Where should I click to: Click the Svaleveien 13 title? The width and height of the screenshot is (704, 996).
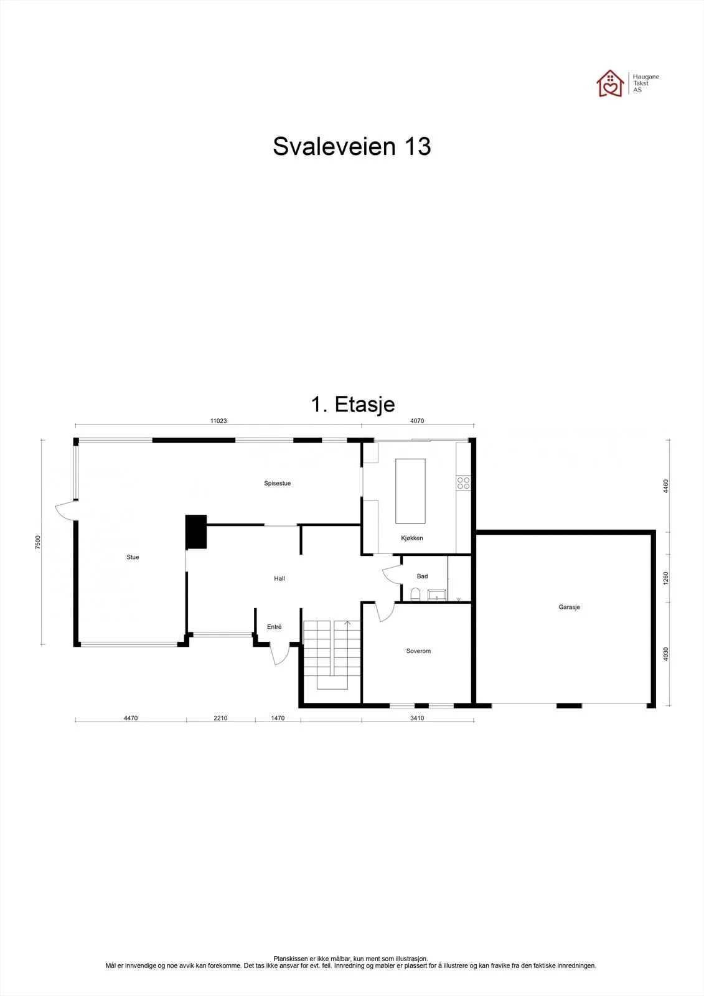tap(352, 146)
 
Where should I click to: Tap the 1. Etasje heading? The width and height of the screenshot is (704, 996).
tap(353, 405)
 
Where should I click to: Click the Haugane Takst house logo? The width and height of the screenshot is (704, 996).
tap(610, 83)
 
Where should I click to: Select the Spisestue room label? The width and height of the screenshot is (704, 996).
tap(277, 483)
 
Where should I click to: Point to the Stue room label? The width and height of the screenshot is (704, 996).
tap(133, 557)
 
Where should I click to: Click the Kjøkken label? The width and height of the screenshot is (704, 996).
tap(412, 538)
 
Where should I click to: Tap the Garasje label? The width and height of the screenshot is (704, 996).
tap(570, 607)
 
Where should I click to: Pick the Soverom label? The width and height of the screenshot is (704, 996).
tap(418, 651)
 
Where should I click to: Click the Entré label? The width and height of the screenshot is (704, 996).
tap(275, 626)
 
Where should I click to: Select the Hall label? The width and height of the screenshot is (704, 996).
tap(279, 578)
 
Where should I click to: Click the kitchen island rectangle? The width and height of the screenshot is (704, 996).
tap(410, 491)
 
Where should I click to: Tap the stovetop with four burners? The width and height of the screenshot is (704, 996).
tap(463, 483)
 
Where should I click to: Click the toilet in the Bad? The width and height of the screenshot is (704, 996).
tap(415, 594)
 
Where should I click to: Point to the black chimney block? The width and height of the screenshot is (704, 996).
tap(196, 532)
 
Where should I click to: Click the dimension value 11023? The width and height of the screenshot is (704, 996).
tap(218, 421)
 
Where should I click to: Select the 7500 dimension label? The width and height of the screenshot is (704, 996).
tap(38, 542)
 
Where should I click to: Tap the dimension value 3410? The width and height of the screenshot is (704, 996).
tap(417, 718)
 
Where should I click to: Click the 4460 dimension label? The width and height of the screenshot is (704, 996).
tap(666, 486)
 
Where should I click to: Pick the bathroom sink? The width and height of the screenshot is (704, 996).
tap(437, 595)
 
